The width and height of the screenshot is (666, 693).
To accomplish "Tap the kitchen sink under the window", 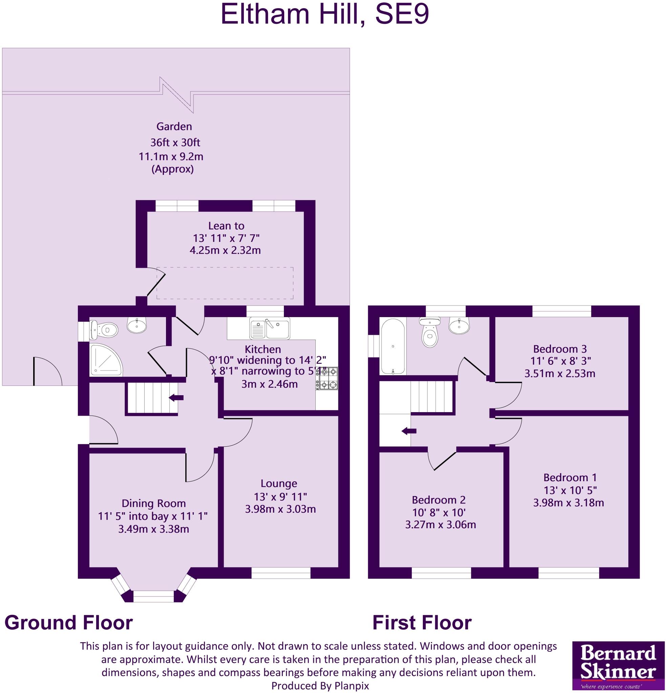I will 270,329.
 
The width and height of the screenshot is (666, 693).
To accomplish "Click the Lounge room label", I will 278,483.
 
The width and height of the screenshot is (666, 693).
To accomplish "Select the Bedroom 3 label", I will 560,349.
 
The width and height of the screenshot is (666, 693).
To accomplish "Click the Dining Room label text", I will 153,503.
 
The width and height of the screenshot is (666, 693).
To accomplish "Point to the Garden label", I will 174,126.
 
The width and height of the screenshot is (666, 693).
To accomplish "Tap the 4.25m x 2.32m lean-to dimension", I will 225,250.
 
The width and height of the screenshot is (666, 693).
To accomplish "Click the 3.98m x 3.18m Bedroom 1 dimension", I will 568,502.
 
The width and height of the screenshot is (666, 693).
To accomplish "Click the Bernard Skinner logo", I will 618,666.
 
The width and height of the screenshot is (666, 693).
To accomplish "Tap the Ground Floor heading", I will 68,622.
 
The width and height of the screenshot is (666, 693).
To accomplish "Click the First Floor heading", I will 421,623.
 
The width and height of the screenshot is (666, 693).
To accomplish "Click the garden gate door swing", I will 48,371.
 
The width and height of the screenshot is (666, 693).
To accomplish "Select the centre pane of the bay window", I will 153,597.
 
